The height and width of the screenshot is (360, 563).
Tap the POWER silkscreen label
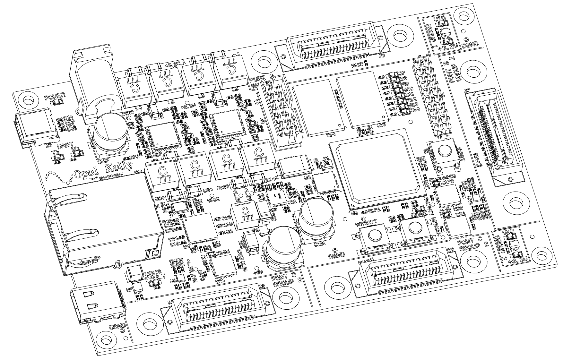tap(55, 95)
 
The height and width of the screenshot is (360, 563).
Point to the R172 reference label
tap(374, 210)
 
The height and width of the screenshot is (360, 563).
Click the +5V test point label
tap(258, 272)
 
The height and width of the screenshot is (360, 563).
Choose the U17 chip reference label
tap(157, 155)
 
